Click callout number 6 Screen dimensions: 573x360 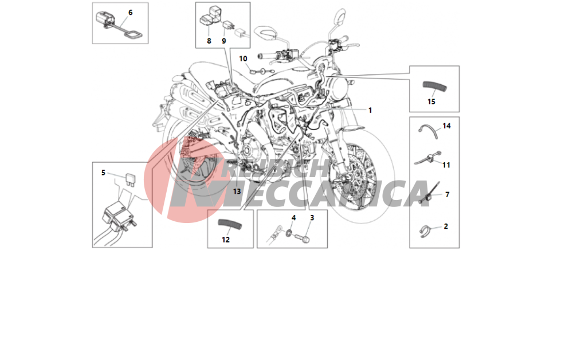click(131, 13)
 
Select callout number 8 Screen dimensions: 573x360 click(209, 41)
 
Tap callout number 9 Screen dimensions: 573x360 click(224, 41)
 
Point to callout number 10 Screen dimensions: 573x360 click(243, 58)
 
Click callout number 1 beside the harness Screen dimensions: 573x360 click(370, 110)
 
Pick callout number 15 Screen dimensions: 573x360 click(431, 101)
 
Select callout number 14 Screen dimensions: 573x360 click(446, 126)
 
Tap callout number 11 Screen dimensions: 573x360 click(446, 165)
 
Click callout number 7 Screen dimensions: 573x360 click(448, 195)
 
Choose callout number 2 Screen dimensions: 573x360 click(446, 226)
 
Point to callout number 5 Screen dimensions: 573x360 click(103, 173)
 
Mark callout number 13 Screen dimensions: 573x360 click(237, 191)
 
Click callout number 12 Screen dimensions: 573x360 click(226, 240)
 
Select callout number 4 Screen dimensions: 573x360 click(293, 218)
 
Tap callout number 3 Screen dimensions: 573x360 click(312, 218)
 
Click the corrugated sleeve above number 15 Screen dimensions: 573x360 click(434, 87)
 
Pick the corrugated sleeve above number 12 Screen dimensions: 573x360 click(230, 224)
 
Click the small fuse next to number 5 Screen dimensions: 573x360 click(129, 179)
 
